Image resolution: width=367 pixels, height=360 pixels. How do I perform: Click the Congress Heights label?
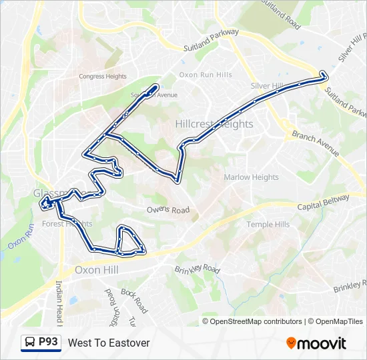(102, 76)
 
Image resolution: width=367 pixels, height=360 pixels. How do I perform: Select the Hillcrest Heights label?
(214, 124)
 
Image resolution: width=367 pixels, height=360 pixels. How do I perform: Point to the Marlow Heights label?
(251, 177)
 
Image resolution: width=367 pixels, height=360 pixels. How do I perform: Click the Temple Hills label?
(268, 225)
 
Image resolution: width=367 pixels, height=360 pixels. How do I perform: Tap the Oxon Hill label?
(96, 270)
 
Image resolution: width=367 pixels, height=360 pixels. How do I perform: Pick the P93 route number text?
(49, 342)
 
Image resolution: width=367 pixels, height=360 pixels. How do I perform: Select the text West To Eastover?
(109, 343)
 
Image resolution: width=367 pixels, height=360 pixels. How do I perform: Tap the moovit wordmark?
(322, 343)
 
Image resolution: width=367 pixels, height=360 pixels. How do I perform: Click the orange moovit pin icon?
(291, 343)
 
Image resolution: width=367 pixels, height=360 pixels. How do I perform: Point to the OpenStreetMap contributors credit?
(256, 321)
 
